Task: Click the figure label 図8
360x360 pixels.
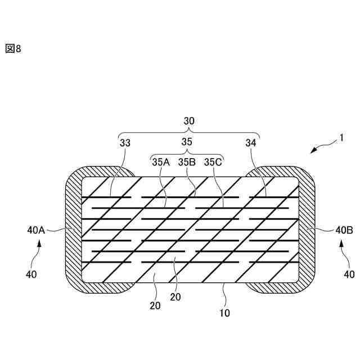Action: tap(13, 49)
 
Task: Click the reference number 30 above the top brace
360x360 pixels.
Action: tap(189, 121)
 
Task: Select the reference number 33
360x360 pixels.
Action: tap(125, 143)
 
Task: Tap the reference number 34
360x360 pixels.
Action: tap(251, 143)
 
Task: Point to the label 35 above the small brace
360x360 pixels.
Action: tap(187, 142)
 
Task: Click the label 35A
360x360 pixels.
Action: tap(161, 163)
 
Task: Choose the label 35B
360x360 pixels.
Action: tap(187, 163)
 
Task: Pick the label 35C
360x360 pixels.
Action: tap(213, 163)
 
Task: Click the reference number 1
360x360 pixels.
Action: tap(341, 138)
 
